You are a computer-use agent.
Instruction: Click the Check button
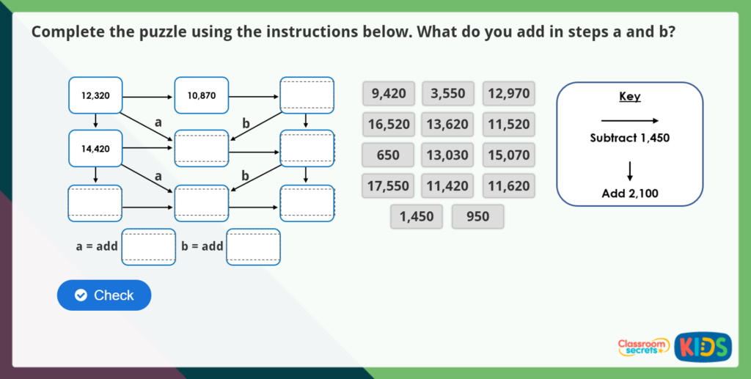point(104,295)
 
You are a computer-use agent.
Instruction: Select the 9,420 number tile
point(389,94)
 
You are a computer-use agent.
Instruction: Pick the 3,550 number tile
point(447,94)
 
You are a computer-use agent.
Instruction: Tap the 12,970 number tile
point(508,94)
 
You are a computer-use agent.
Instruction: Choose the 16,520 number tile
point(389,125)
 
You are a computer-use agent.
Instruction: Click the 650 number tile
point(389,155)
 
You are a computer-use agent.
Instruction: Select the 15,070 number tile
point(508,155)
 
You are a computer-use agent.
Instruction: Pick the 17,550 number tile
point(389,186)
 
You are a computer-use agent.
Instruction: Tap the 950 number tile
point(477,217)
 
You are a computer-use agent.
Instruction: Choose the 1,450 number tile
point(417,217)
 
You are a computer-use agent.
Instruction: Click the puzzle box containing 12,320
point(95,96)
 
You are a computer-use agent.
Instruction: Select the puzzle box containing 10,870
point(202,96)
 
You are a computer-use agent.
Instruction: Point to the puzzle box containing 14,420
point(95,149)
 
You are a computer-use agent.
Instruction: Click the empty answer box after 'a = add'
point(149,247)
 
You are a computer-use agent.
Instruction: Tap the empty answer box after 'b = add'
point(254,247)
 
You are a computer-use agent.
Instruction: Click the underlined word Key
point(629,97)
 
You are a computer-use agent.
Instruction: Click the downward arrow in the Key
point(629,170)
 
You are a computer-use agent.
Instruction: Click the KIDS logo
point(703,346)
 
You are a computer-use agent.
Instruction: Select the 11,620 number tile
point(508,186)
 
